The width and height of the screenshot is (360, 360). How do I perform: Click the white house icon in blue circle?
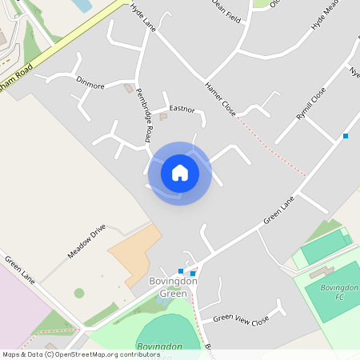coord(180,173)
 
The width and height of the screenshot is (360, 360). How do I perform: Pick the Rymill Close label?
coord(311,104)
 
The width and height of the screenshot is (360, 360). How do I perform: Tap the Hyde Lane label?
coord(142,16)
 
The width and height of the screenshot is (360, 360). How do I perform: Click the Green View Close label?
coord(241,319)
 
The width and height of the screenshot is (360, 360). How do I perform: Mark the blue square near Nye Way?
coord(346,136)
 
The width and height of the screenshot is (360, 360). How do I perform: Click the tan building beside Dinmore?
coord(128,88)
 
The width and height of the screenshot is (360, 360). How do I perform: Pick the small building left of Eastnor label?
coord(163,117)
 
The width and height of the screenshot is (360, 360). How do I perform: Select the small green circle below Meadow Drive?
coord(79,293)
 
